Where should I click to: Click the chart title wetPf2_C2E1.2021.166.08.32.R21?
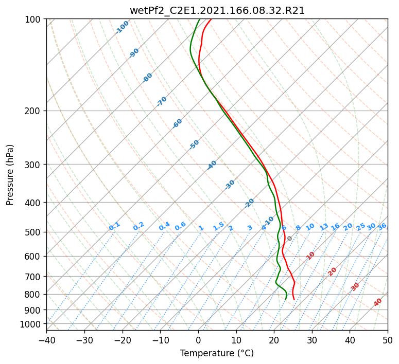(217, 10)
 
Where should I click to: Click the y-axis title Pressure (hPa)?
(10, 175)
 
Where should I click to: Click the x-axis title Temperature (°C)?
(217, 354)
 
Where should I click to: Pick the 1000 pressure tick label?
(30, 324)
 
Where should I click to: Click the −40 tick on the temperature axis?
(46, 340)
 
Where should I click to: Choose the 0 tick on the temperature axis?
(198, 340)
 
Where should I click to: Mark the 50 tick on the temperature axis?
(388, 340)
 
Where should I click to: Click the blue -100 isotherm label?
(122, 27)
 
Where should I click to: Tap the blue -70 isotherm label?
(162, 101)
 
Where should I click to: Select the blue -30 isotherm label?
(230, 185)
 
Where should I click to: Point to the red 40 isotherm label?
(378, 302)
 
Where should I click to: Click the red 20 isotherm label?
(333, 271)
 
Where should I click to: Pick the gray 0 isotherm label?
(290, 239)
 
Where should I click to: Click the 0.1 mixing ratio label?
(114, 226)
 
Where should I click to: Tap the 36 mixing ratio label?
(382, 226)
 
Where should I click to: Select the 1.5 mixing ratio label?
(218, 226)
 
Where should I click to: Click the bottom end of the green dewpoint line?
(285, 299)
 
